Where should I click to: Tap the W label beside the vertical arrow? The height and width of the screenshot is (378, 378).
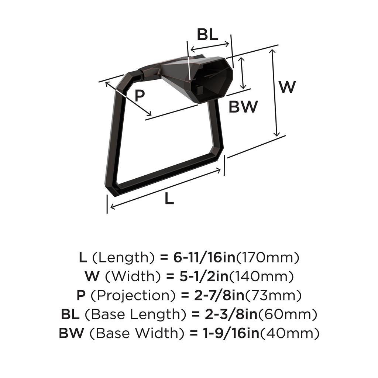(287, 87)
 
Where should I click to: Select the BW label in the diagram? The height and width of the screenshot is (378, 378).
(243, 107)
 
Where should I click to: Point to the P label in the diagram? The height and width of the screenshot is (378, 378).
(139, 96)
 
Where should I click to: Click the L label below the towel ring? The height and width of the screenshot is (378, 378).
(169, 199)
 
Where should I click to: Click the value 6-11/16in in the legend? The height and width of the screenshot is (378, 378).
(204, 257)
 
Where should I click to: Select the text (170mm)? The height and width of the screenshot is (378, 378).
(267, 257)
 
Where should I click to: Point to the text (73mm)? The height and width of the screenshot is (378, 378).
(273, 296)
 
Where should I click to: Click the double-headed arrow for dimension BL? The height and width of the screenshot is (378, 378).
(209, 47)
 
